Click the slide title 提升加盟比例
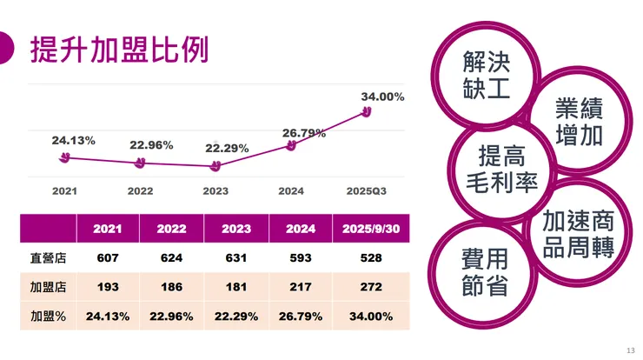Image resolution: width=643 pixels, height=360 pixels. (x=120, y=50)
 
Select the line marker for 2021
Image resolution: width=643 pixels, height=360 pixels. (x=64, y=158)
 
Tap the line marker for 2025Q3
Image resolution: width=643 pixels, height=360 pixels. (x=367, y=112)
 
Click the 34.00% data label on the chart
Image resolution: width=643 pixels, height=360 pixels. (x=382, y=97)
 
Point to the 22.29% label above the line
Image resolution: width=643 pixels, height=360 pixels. (x=227, y=148)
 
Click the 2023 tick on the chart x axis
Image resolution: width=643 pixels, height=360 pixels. (x=215, y=190)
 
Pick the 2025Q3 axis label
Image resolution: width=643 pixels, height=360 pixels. (x=367, y=190)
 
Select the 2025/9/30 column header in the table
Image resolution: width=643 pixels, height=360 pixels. (x=371, y=230)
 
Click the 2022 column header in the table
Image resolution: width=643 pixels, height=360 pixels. (x=172, y=230)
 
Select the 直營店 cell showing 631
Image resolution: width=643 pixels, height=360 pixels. (x=236, y=257)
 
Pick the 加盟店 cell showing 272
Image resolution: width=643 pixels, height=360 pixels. (x=371, y=286)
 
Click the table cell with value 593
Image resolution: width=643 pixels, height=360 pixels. (x=301, y=257)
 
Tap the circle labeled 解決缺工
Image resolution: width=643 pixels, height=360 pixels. (x=487, y=74)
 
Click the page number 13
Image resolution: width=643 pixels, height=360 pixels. (x=630, y=350)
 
